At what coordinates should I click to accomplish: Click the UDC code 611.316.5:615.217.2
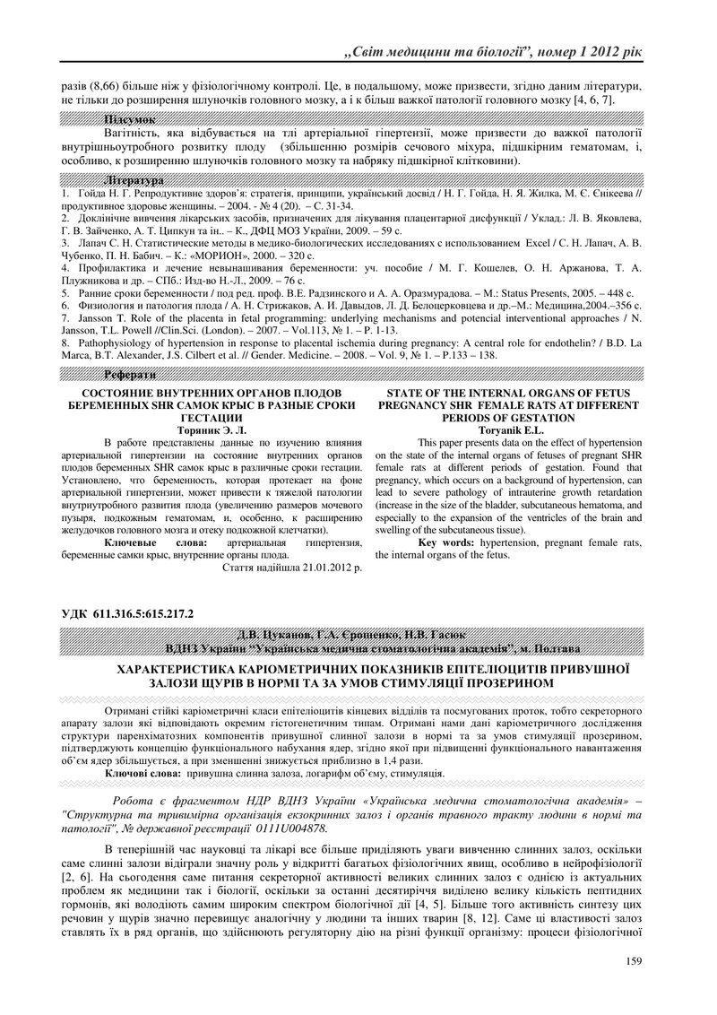[x=143, y=614]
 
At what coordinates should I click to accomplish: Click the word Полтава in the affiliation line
[x=557, y=647]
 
